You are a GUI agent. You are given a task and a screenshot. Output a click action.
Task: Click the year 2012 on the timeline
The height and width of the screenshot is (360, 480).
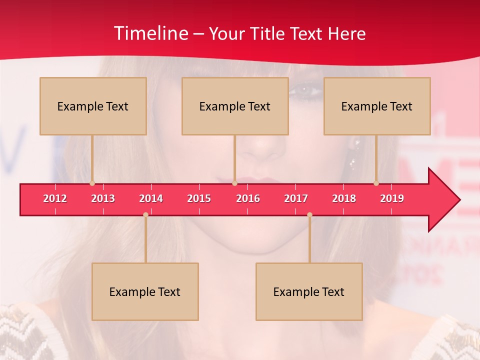coord(55,198)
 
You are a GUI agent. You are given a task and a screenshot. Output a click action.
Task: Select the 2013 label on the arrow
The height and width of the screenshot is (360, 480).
coord(103,198)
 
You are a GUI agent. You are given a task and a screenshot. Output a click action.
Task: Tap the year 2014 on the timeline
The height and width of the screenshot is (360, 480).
coord(151,198)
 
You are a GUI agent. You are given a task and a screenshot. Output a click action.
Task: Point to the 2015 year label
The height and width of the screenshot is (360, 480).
coord(199,198)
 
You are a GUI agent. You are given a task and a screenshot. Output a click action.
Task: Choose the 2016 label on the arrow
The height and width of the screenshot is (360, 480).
coord(248,198)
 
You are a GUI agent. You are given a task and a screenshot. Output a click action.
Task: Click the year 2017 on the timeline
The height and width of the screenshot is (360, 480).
coord(296,198)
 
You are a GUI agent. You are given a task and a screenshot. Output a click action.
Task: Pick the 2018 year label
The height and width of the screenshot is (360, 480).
coord(344,198)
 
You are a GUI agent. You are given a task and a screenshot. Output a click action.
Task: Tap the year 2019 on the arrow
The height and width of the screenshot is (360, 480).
coord(392,198)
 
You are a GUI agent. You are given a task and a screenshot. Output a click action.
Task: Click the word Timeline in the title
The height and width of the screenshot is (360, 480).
coord(150,33)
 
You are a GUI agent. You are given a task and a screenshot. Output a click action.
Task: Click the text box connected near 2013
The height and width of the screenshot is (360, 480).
coord(93,106)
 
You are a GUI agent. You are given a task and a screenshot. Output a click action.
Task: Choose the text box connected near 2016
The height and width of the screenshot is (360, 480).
coord(235,106)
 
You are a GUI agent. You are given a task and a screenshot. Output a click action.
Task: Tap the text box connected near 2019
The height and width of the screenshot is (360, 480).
coord(377,106)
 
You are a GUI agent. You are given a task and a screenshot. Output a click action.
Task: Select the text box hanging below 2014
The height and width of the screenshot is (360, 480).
coord(145,291)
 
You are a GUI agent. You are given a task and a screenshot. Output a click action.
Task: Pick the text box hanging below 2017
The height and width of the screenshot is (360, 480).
coord(309,291)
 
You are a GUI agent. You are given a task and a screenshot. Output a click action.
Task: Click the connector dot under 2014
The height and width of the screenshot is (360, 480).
coord(145,214)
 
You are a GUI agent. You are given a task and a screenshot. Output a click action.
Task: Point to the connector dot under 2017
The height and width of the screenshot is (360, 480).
coord(309,214)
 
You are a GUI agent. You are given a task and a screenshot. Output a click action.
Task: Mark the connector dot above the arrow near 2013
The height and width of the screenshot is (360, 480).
coord(92,183)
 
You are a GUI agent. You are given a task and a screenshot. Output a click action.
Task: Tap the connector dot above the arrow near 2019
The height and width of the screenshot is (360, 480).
coord(376,183)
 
